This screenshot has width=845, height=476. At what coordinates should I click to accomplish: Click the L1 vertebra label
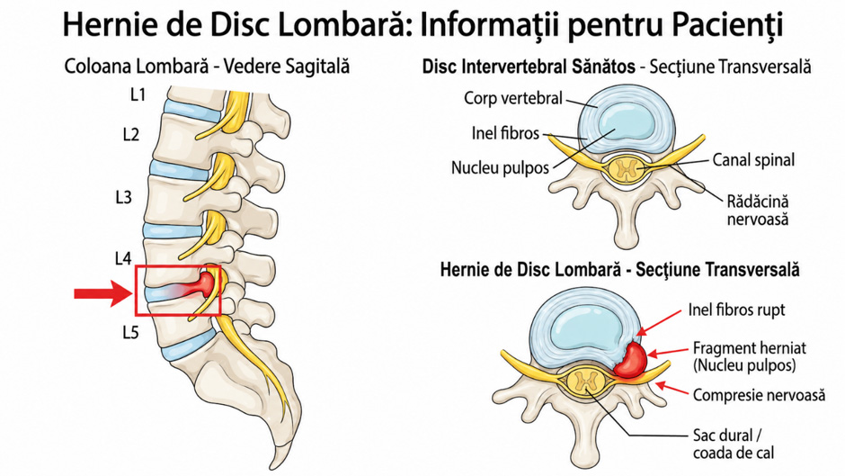pos(138,94)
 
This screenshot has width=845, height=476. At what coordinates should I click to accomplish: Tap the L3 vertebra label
pos(123,197)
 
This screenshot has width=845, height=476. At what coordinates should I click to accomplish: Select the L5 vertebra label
pos(130,332)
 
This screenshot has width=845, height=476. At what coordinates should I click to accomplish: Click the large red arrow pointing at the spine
pos(103,293)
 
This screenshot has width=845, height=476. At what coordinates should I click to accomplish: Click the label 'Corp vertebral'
pos(513,98)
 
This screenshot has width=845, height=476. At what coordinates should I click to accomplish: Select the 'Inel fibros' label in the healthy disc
pos(505,133)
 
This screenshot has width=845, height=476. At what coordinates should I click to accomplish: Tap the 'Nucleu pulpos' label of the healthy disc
pos(500,168)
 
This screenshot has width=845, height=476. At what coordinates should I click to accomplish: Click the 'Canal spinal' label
pos(753,160)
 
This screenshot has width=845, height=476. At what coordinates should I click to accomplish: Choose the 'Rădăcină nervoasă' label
pos(758,210)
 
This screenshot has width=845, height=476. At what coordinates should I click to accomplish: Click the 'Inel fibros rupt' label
pos(737,310)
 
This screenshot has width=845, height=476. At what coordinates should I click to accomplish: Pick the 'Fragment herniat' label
pos(749,348)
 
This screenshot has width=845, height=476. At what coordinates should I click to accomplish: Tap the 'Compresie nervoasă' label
pos(759,395)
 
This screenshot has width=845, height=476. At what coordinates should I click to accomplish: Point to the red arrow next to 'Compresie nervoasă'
pos(673,389)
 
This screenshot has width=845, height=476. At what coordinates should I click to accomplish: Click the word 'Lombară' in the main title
pos(340,25)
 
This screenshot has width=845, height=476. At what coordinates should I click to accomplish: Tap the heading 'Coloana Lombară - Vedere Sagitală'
pos(207,67)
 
